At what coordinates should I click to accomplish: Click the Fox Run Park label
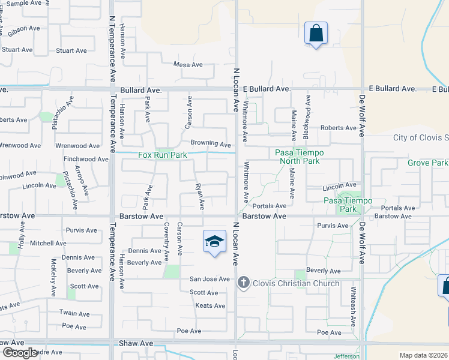[163, 155]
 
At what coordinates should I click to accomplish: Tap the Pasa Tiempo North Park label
[299, 157]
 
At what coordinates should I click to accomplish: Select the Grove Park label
[427, 163]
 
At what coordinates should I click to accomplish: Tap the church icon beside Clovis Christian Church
[243, 283]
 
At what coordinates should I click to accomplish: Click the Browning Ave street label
[211, 145]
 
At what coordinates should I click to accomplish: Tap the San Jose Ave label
[209, 279]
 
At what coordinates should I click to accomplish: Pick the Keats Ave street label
[210, 306]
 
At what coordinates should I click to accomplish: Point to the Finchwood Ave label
[86, 160]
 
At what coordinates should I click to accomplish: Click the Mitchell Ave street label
[49, 244]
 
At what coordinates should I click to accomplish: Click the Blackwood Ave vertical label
[307, 111]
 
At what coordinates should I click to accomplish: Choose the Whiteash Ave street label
[354, 307]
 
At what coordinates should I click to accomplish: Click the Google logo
[19, 353]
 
